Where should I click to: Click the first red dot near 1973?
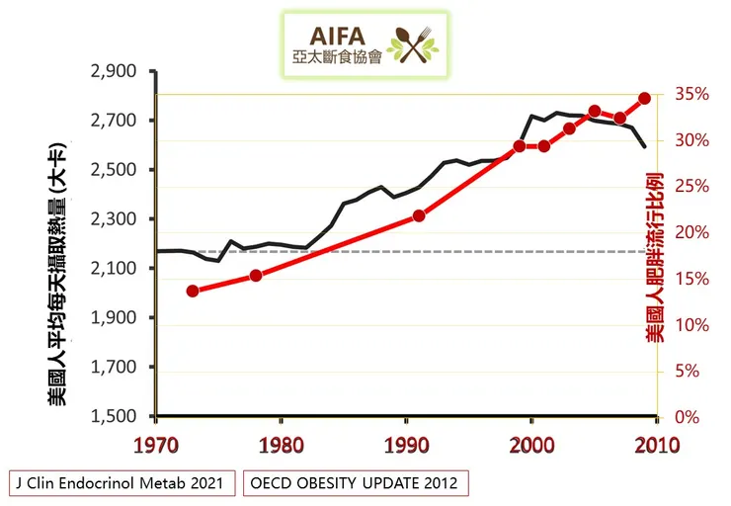(x=193, y=291)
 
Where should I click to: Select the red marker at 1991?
(x=419, y=215)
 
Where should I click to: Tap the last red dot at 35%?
(x=645, y=98)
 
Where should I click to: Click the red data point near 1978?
(x=256, y=276)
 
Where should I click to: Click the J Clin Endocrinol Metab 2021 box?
(x=122, y=483)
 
